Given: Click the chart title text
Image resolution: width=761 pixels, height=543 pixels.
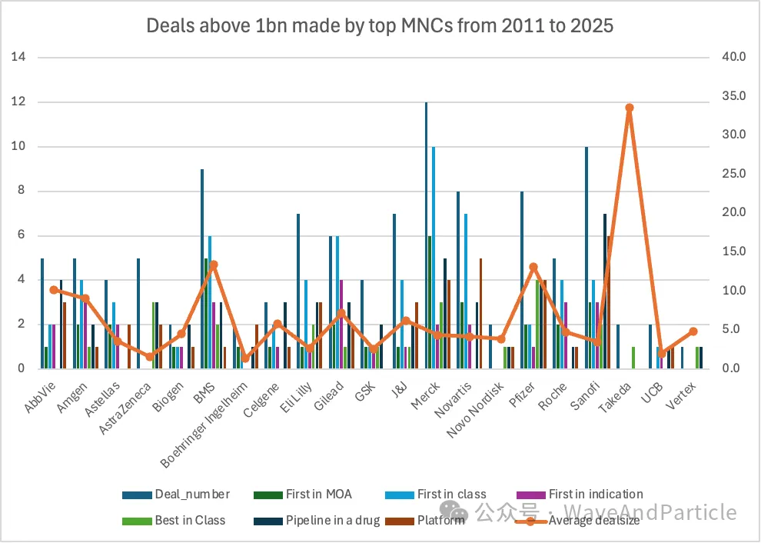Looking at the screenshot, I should click(x=380, y=25).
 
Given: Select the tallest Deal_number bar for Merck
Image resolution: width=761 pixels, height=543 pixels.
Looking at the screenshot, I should click(x=427, y=235).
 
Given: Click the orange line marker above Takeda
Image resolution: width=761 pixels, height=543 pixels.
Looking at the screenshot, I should click(x=630, y=108).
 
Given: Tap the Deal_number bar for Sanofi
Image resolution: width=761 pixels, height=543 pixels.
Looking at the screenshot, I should click(x=587, y=258).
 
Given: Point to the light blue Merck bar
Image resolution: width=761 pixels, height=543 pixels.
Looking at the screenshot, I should click(x=434, y=258).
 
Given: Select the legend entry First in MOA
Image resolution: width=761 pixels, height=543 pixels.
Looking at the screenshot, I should click(x=311, y=494).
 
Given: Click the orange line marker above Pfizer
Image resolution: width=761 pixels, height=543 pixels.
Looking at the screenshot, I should click(x=533, y=267).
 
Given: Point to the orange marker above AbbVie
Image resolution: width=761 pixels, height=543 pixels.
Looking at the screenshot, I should click(x=54, y=290).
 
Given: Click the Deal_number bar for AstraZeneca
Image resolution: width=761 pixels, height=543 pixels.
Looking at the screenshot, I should click(x=138, y=313).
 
